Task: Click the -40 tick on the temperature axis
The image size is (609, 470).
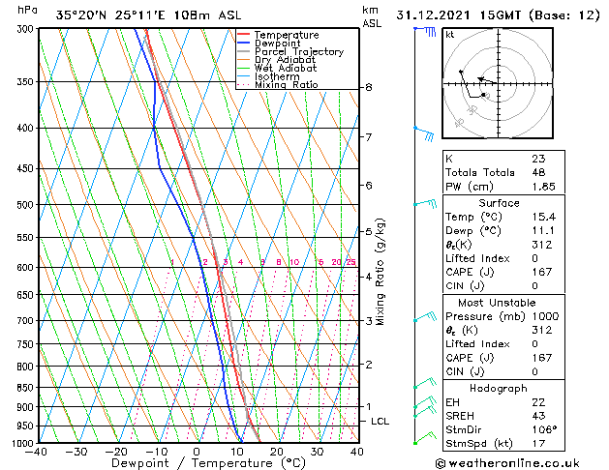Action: click(37, 452)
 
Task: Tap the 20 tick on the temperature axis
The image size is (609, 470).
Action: click(276, 452)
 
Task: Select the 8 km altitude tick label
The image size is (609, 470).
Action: click(369, 87)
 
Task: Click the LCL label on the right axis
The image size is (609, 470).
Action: click(381, 422)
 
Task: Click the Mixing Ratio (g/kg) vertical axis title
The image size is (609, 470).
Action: click(381, 272)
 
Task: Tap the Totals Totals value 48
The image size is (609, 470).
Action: click(538, 173)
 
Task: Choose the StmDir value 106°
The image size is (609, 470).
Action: click(544, 429)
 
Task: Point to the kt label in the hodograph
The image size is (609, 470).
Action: click(449, 34)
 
